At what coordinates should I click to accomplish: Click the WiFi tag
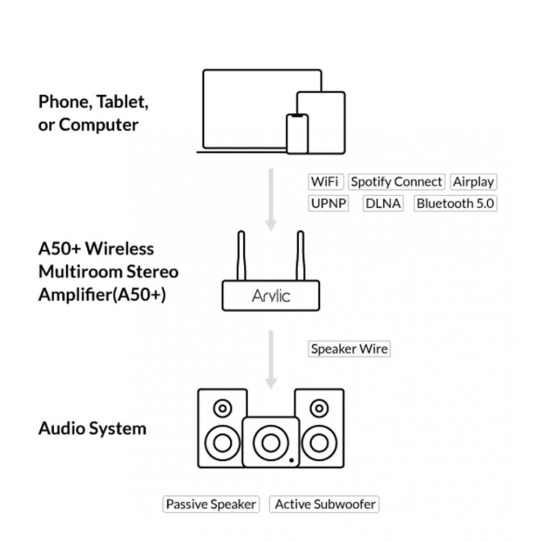[326, 182]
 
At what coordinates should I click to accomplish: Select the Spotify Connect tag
[397, 182]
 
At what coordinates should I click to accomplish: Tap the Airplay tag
[473, 182]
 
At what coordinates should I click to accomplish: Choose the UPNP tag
[328, 203]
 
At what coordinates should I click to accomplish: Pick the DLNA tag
[383, 203]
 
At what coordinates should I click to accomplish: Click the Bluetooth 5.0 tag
[455, 203]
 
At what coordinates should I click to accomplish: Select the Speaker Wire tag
[349, 349]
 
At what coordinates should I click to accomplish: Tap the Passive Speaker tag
[211, 504]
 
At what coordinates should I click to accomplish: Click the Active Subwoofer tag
[325, 504]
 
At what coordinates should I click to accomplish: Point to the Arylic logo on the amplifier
[271, 296]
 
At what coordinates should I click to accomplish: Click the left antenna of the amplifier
[241, 256]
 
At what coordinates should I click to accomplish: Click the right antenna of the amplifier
[300, 256]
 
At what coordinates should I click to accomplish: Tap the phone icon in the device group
[297, 133]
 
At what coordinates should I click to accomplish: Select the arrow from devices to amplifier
[271, 199]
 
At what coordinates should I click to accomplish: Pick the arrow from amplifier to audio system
[271, 360]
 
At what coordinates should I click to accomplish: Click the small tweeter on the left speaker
[223, 408]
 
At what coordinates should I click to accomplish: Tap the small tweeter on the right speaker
[319, 408]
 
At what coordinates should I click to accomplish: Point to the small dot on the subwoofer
[292, 460]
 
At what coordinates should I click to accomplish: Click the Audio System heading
[92, 429]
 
